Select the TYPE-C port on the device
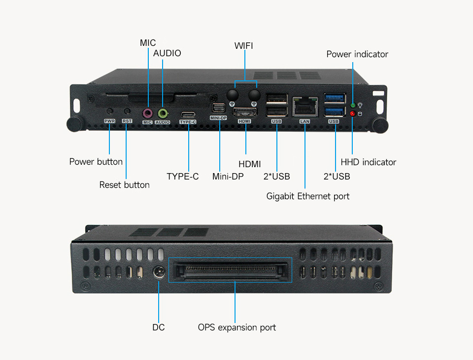(x=188, y=113)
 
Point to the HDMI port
(x=244, y=111)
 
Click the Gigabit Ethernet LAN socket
(x=304, y=106)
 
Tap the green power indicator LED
(x=353, y=106)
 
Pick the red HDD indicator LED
(x=353, y=114)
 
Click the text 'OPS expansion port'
(x=237, y=327)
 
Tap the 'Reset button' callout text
(x=124, y=185)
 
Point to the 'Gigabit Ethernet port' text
(x=308, y=196)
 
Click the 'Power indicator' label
(x=357, y=54)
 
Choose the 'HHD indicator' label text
(x=368, y=162)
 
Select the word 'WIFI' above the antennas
(x=243, y=46)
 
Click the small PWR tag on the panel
(x=109, y=121)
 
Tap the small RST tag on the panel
(x=127, y=121)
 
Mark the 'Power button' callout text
(x=96, y=162)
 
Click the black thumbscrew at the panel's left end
(x=74, y=124)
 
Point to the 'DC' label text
(x=159, y=327)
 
